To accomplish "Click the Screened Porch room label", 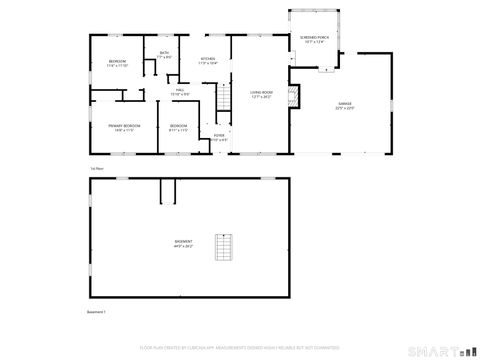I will pos(313,37).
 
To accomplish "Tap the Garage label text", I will pos(344,102).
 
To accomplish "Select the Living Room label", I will pos(262,92).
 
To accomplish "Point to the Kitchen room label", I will pos(208,59).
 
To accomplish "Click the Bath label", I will pos(163,53).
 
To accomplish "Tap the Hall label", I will pos(181,91).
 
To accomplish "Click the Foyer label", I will pos(218,135).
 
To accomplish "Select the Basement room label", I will pos(184,241).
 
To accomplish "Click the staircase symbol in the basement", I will pos(225,248).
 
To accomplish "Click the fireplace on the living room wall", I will pos(293,96).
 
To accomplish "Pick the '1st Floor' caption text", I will pos(95,170).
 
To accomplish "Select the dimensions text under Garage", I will pos(344,107).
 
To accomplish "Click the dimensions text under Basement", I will pos(184,246).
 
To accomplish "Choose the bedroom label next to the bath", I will pos(118,62).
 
